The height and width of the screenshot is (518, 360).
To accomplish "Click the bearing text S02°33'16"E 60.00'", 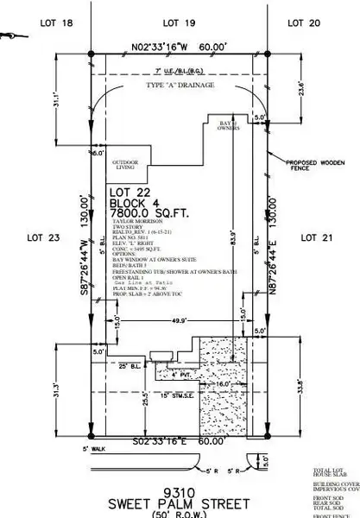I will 179,441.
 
